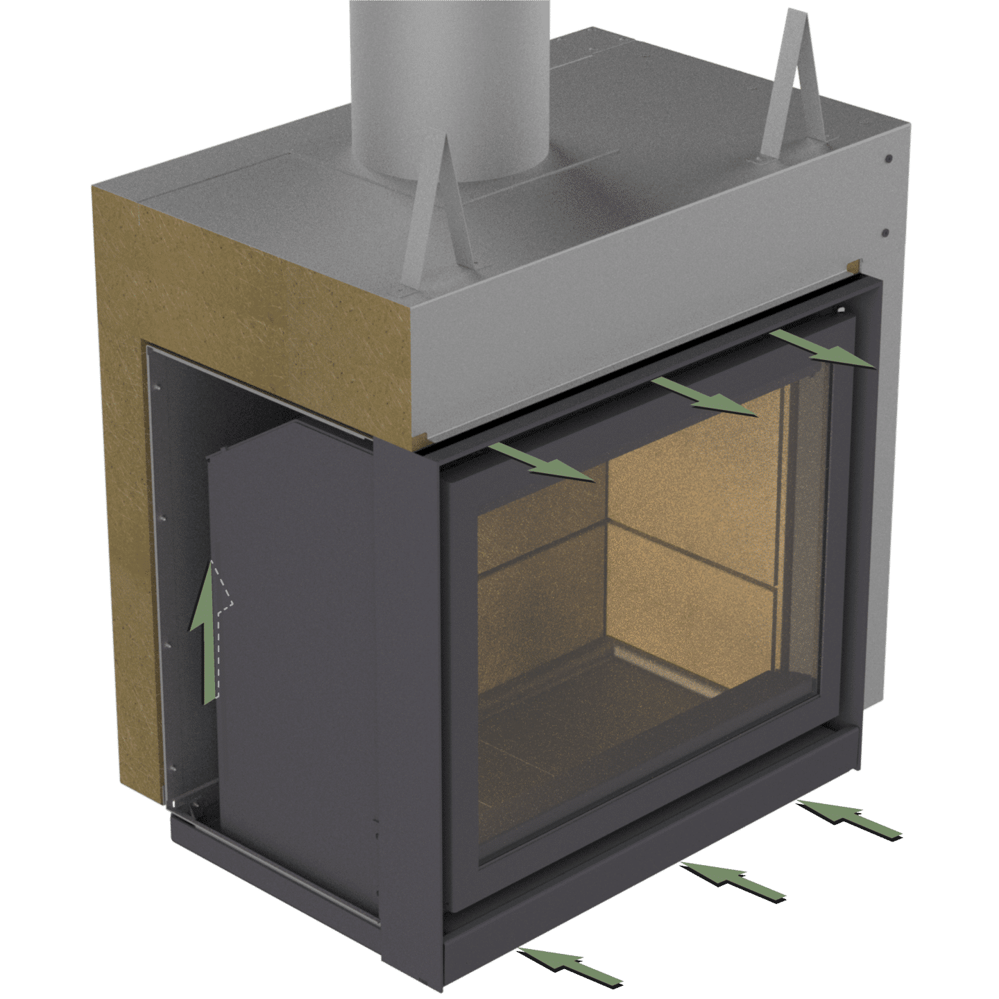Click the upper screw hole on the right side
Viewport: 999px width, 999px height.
coord(888,159)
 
